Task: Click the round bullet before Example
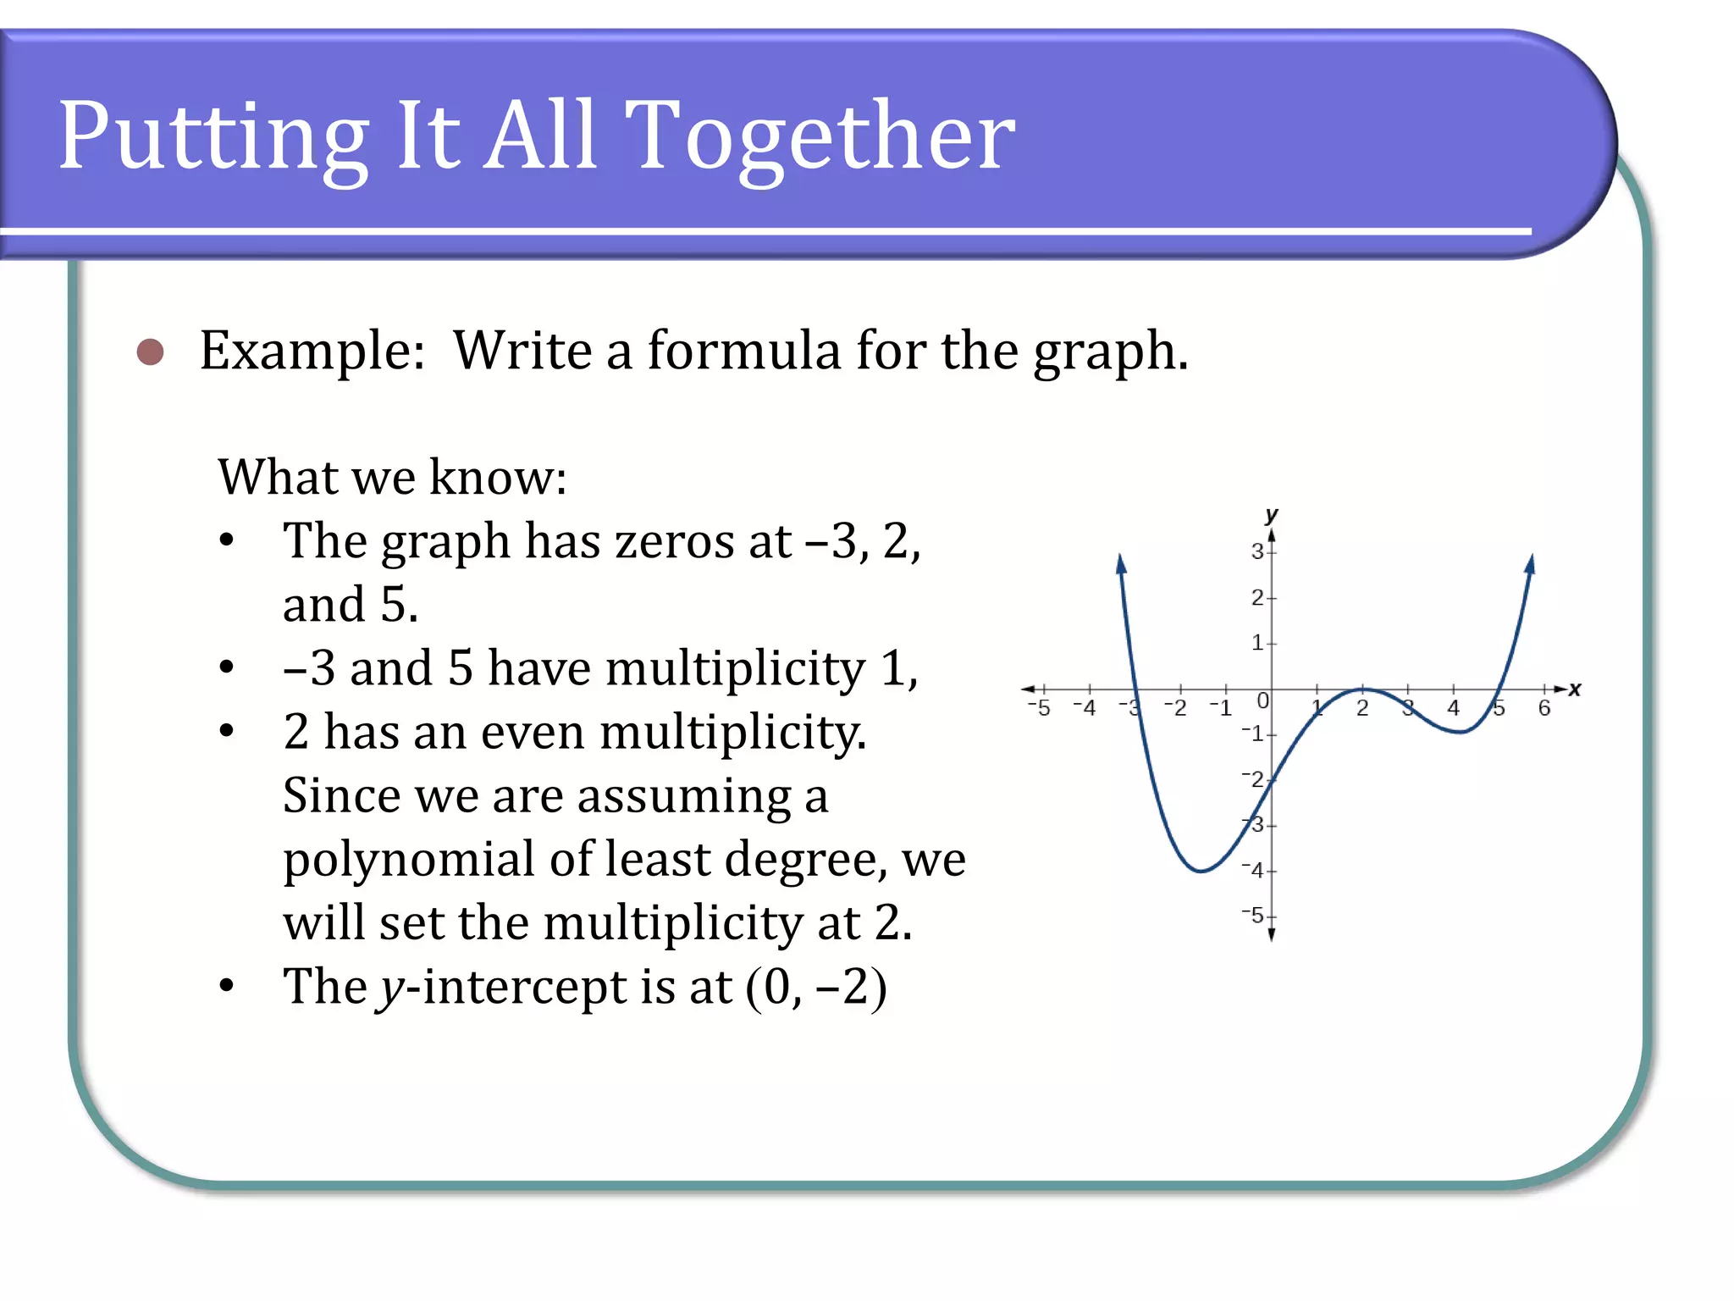click(151, 352)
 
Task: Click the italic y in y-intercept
click(391, 988)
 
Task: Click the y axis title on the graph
click(1271, 515)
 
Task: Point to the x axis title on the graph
click(1575, 689)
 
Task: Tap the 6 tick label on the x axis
click(1544, 708)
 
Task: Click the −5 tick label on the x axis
click(1039, 708)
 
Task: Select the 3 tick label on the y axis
click(1257, 551)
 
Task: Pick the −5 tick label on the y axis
click(1253, 916)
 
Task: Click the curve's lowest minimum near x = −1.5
click(1201, 870)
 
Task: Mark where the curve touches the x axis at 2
click(1363, 689)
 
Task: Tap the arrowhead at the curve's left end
click(1121, 563)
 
